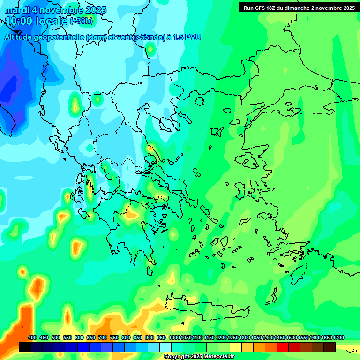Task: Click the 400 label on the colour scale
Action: click(32, 337)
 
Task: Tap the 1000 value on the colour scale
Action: click(174, 337)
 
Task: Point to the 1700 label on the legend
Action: click(338, 337)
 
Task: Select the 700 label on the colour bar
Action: click(103, 337)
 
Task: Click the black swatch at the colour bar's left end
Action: click(25, 347)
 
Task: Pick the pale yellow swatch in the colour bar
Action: click(236, 347)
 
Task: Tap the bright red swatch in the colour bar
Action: click(283, 347)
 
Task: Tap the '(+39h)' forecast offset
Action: click(81, 22)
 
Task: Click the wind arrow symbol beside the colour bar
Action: click(351, 351)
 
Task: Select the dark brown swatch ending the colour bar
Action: click(330, 347)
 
